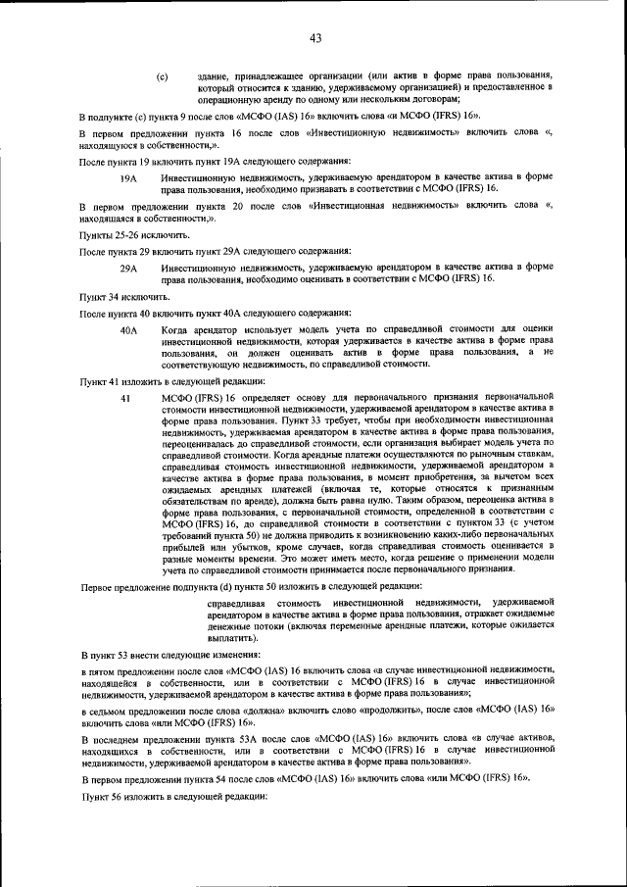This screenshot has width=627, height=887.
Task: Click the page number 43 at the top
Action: tap(315, 38)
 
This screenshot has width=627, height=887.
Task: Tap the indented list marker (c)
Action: tap(162, 75)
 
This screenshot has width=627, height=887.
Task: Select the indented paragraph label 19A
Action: tap(127, 179)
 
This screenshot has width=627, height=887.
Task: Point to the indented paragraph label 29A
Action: tap(127, 267)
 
